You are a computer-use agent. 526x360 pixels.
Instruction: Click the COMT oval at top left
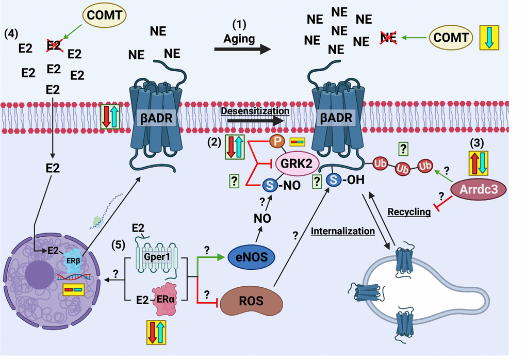point(105,15)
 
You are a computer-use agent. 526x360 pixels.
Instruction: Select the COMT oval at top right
point(451,37)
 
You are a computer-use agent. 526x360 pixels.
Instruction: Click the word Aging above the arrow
point(239,39)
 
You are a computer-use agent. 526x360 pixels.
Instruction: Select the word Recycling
point(409,212)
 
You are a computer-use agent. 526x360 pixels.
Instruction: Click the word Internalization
point(342,231)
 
